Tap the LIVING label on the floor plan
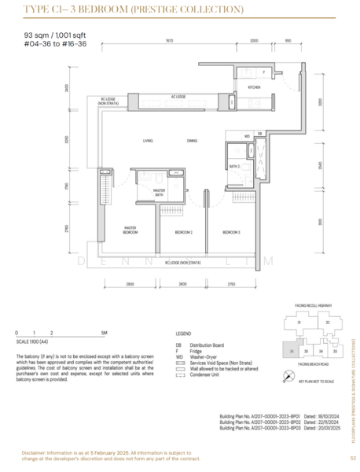148,141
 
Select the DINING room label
192,141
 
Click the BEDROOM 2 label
183,233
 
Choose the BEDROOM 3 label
230,233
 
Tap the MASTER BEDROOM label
130,231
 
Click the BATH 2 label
233,167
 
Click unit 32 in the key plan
326,322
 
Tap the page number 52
353,458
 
